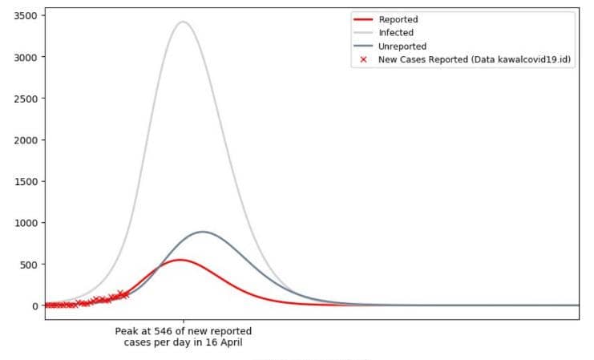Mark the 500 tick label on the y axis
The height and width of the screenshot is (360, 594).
[27, 265]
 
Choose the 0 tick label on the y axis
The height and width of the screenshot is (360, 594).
[34, 305]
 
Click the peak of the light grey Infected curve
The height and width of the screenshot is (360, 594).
[183, 22]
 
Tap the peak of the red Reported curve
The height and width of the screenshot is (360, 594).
[180, 260]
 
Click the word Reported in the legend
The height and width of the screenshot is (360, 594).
[398, 19]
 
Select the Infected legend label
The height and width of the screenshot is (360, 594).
[396, 33]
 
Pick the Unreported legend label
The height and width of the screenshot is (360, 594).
[402, 47]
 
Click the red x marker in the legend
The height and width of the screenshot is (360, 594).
[363, 60]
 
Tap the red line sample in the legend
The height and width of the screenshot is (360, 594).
[363, 19]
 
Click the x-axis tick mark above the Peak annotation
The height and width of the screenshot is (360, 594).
[183, 322]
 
